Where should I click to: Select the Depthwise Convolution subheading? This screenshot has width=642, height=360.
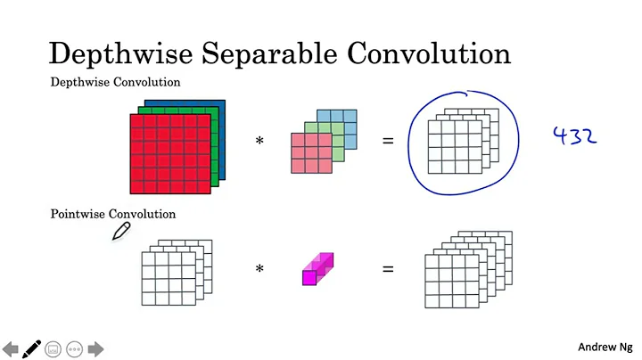pos(115,82)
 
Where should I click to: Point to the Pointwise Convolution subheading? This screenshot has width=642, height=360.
pos(113,214)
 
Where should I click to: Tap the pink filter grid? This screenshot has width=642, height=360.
pos(307,152)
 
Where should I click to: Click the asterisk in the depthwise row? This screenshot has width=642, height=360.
pos(260,141)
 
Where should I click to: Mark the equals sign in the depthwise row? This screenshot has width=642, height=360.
pos(388,141)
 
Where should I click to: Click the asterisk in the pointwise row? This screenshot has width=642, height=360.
pos(260,266)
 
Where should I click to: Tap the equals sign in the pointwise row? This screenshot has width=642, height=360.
pos(388,266)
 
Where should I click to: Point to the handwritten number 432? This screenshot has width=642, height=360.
pos(574,135)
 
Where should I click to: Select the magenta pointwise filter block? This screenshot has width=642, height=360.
pos(317,269)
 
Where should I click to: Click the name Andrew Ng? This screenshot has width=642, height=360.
pos(605,347)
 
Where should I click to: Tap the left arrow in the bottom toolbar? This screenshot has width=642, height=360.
pos(11,348)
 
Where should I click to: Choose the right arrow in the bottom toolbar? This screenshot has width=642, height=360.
pos(95,348)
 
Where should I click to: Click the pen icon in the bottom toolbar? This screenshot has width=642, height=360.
pos(32,348)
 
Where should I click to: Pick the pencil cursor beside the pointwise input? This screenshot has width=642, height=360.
pos(121,232)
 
